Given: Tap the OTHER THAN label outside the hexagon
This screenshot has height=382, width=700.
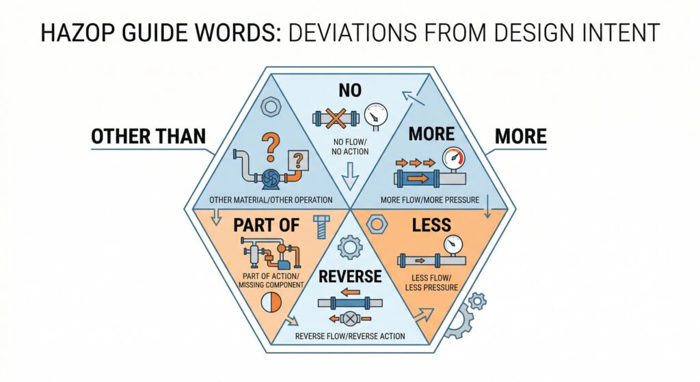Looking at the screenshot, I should coord(148,136).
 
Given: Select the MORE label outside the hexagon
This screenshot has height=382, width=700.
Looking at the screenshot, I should coord(520,136).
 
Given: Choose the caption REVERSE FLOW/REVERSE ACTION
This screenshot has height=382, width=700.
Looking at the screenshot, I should coord(350,336).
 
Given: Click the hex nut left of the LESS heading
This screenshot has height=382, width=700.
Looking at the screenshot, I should coord(377,225).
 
